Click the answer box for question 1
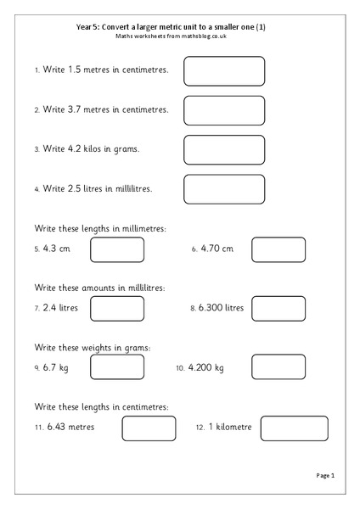point(224,70)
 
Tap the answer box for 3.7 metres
point(224,110)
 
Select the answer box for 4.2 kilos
point(224,149)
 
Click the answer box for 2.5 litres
point(224,189)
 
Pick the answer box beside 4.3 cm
point(117,249)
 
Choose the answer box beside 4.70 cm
point(278,249)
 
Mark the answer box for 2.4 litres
point(117,308)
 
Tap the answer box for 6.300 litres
point(278,308)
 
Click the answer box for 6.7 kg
point(117,368)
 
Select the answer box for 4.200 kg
point(278,368)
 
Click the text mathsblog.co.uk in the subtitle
point(203,36)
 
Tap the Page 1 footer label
point(326,477)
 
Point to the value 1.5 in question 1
point(76,70)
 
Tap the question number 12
point(200,428)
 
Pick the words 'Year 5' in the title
point(87,26)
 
